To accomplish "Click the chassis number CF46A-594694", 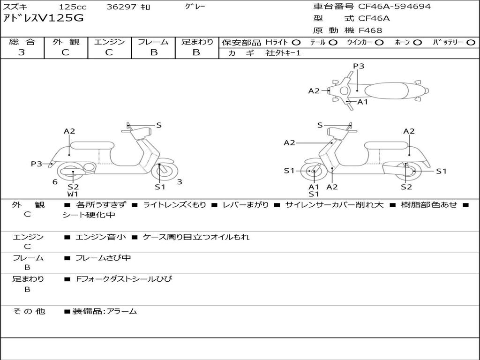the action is [394, 7].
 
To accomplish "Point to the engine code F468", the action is [370, 30].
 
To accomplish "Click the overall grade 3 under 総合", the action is [22, 52].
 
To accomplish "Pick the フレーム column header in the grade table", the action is [153, 42].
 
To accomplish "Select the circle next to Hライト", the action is [296, 42].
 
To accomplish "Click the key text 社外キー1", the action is [283, 53].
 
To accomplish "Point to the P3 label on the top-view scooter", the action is [359, 66].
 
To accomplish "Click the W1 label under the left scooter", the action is [73, 194].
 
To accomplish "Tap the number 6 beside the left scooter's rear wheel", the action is [55, 182].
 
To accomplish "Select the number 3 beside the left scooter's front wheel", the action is [179, 182].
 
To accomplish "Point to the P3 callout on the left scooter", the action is [37, 164].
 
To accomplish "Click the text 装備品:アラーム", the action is [105, 311].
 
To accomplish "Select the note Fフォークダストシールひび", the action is [124, 279].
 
